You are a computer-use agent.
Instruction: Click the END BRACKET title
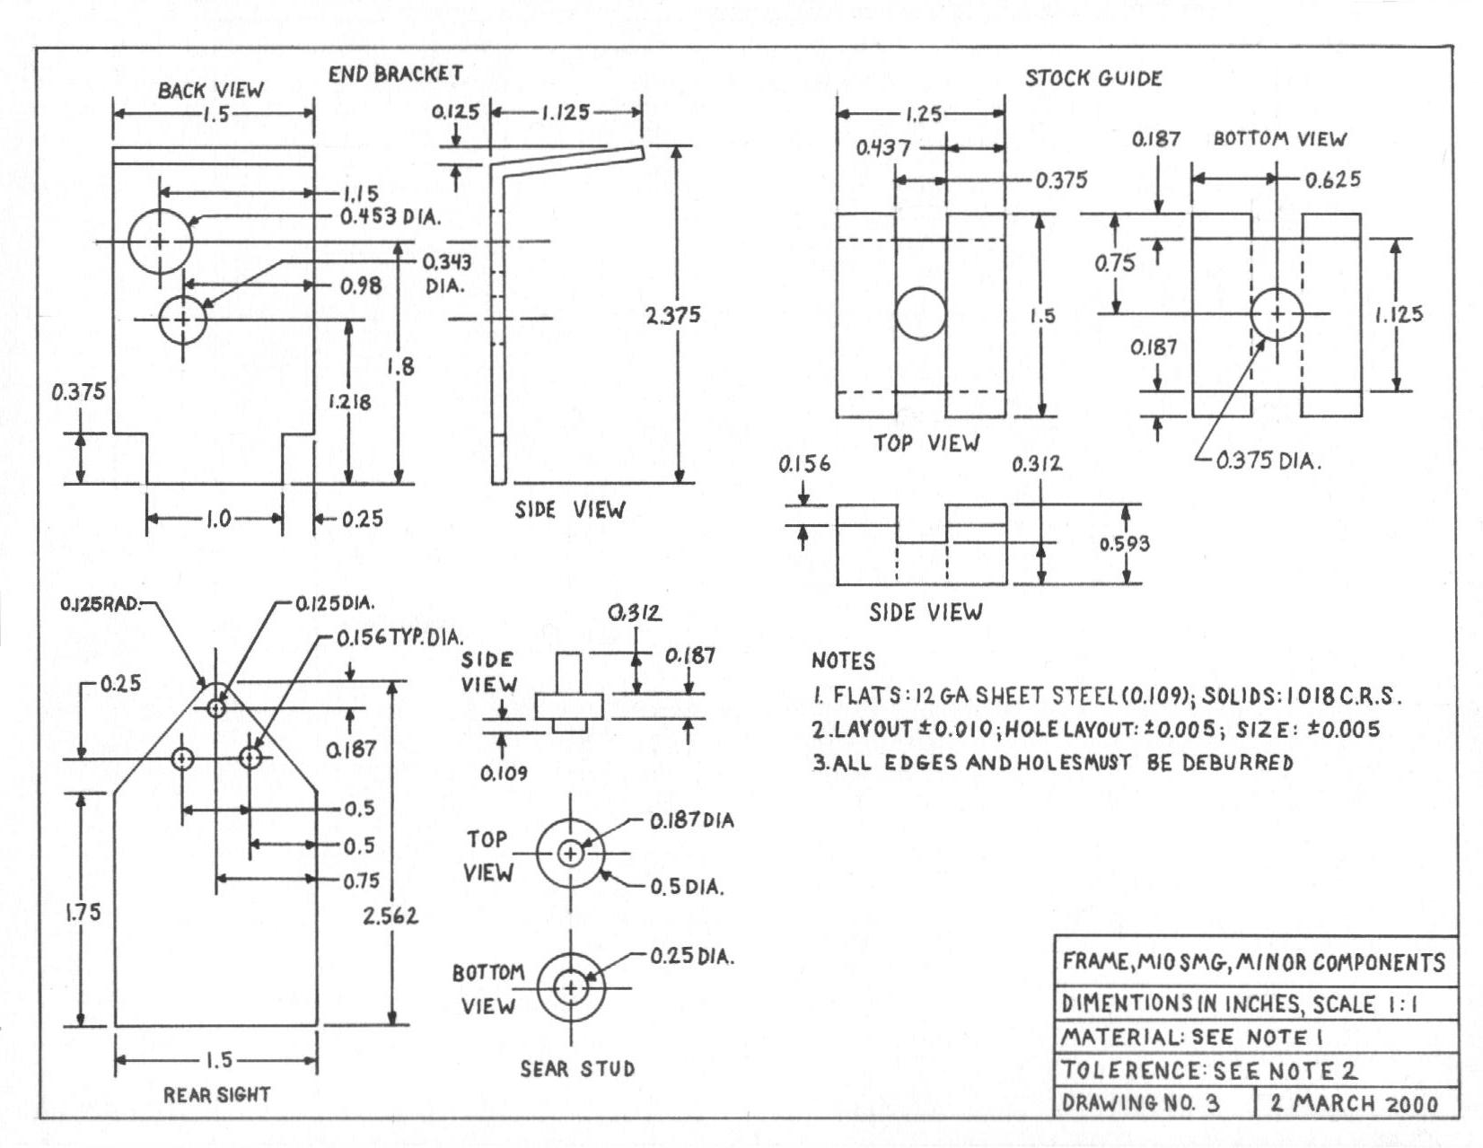[395, 74]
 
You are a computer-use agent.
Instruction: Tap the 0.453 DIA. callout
[390, 217]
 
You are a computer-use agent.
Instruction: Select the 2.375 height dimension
[673, 314]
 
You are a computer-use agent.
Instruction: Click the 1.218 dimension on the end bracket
[349, 401]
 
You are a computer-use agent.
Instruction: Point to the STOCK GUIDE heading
[1093, 78]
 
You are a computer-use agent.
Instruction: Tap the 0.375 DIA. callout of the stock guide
[1268, 461]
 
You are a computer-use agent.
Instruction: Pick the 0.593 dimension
[1124, 544]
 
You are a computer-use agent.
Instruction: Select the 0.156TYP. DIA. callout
[400, 637]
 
